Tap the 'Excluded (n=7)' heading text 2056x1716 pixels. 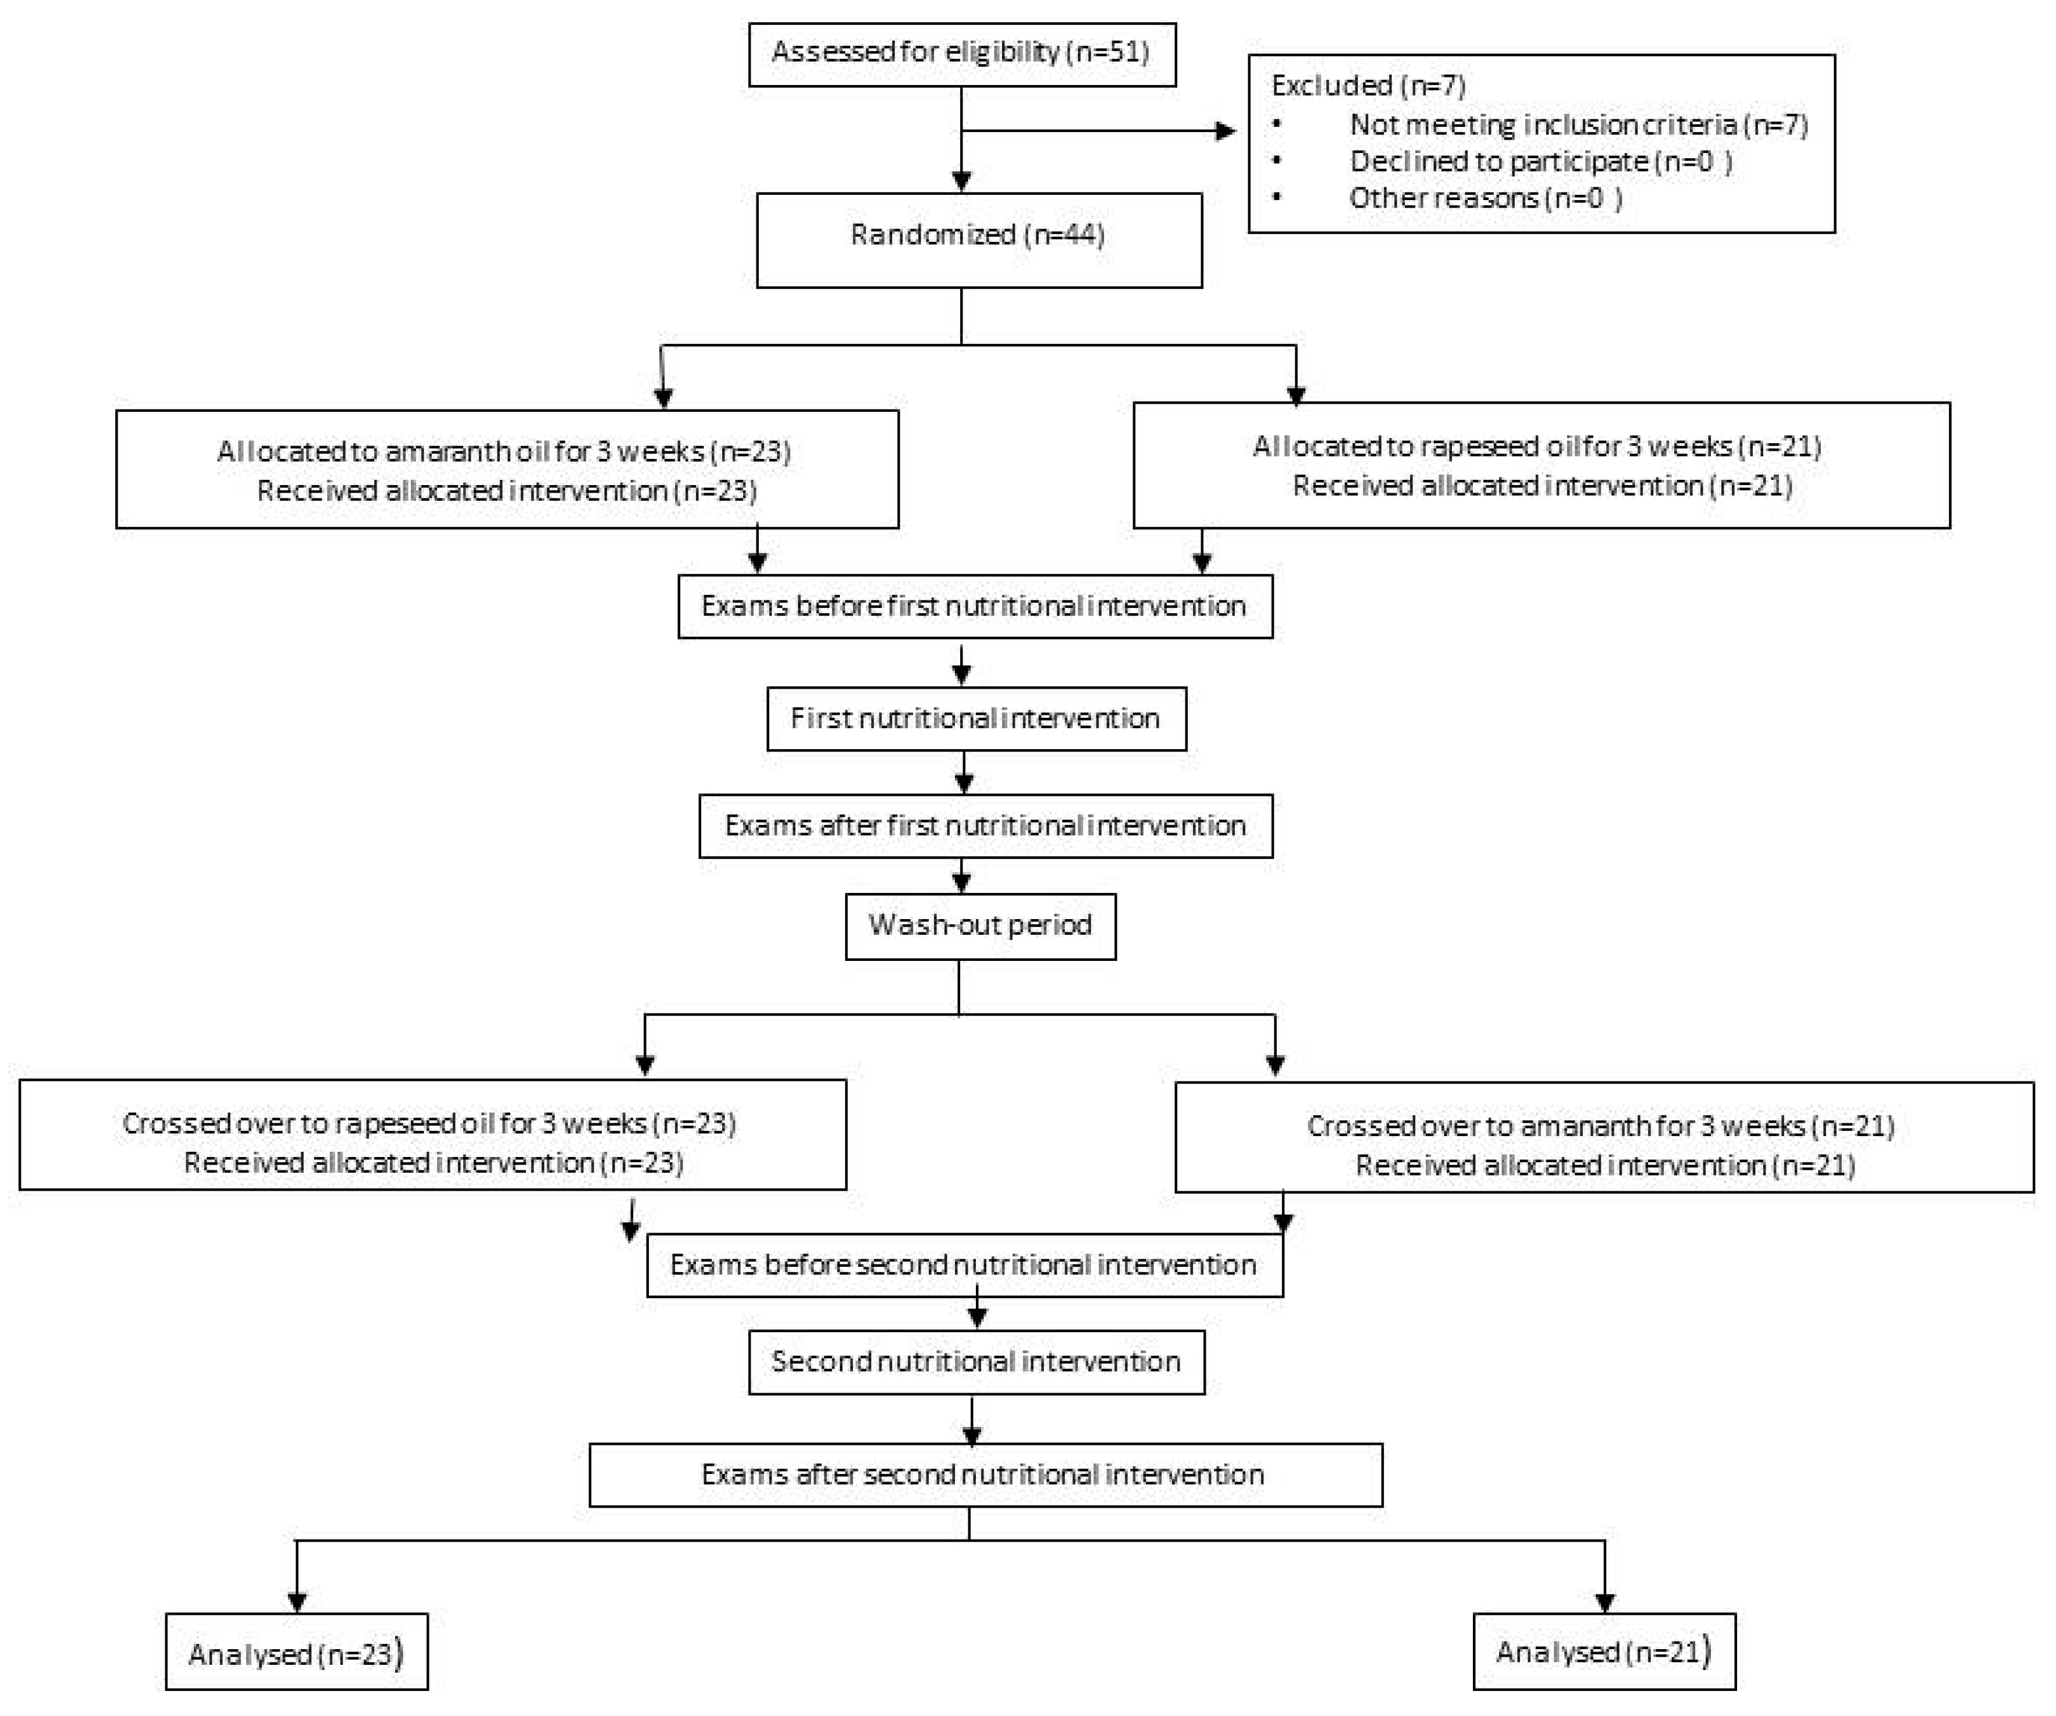click(1368, 86)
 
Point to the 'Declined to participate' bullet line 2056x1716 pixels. click(1540, 162)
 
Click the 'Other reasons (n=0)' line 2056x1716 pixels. click(1485, 199)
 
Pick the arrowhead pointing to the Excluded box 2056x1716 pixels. click(1225, 131)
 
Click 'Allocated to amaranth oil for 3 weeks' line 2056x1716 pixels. click(504, 451)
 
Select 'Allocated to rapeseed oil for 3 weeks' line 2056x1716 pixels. click(1536, 446)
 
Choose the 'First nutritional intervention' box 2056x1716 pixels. click(975, 718)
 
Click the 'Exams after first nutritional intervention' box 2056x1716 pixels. click(985, 826)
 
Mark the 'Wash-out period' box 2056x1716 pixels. click(980, 925)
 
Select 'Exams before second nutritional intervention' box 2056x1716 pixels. click(963, 1265)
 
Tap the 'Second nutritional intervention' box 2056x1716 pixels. click(976, 1362)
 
